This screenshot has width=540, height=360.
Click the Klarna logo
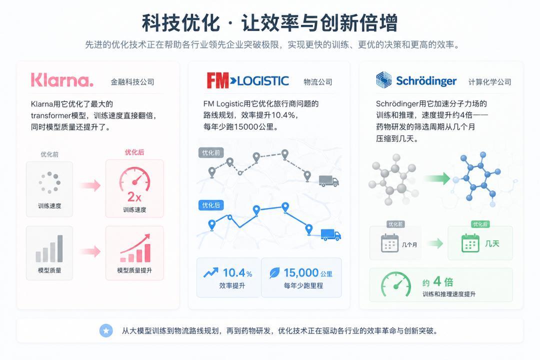62,80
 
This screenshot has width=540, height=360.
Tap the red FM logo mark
217,80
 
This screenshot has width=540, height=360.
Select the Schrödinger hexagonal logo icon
383,80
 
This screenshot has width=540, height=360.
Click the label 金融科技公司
132,82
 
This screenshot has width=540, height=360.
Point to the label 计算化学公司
489,82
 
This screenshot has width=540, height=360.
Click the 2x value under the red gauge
134,197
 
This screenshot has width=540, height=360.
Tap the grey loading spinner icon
49,182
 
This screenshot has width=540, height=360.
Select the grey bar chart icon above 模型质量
49,248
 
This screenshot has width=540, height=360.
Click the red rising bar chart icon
135,248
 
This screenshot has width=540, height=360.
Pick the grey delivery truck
328,181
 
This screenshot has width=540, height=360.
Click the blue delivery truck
330,234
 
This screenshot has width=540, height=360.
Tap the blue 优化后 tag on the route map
211,205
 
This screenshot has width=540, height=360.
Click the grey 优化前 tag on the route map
211,152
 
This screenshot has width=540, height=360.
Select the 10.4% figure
237,273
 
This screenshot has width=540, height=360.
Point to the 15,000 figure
301,273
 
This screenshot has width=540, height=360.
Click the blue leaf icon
274,273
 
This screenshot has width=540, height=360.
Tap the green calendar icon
470,243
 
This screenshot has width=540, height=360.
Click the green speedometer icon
396,285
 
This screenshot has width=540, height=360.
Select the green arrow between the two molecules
436,178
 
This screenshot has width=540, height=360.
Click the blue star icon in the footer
106,330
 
